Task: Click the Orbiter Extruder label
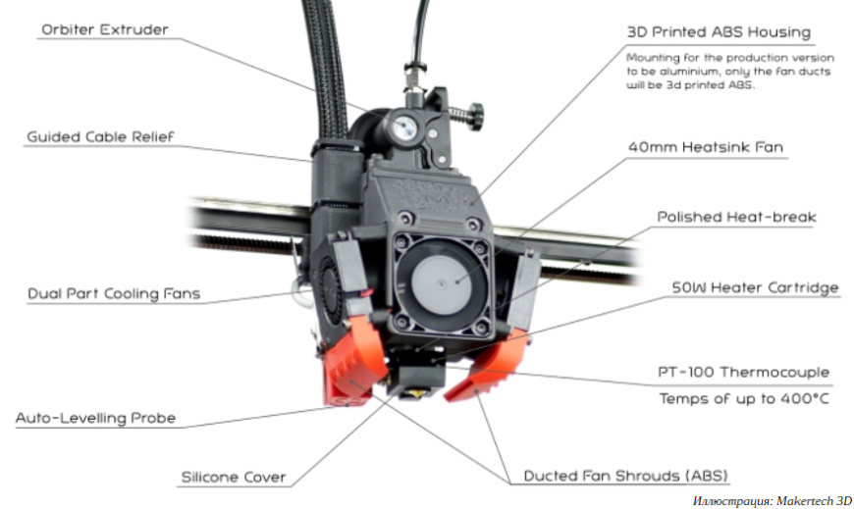point(103,29)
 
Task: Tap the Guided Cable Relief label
point(100,136)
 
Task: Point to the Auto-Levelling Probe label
point(95,418)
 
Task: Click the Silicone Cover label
point(233,478)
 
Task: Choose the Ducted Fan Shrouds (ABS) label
point(625,476)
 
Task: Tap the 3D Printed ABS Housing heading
point(719,31)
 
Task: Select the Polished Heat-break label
point(736,216)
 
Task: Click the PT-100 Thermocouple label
point(743,372)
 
